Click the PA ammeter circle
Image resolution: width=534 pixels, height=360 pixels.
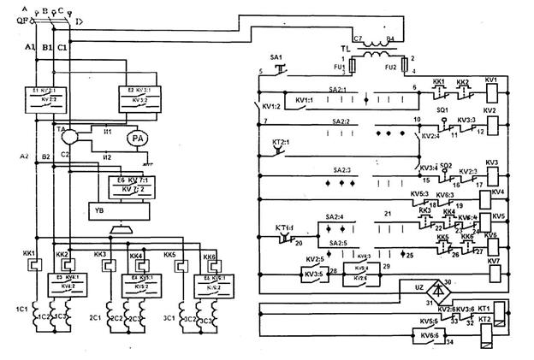pos(138,139)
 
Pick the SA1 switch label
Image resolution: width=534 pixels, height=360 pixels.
pos(276,56)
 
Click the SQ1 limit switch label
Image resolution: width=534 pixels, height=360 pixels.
pos(442,111)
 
